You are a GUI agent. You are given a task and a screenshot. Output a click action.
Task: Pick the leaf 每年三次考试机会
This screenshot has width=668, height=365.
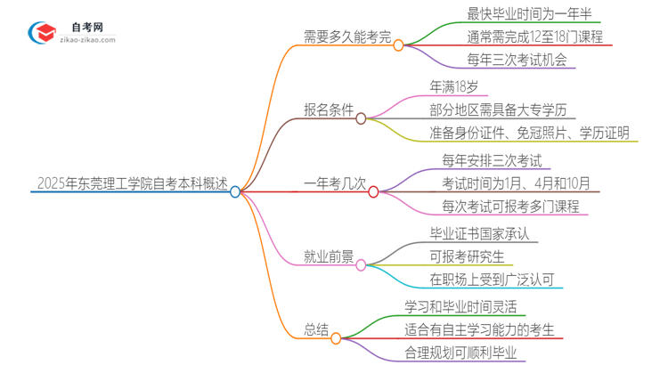click(x=503, y=61)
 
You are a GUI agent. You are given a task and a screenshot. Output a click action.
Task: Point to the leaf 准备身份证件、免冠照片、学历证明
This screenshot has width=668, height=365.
click(x=529, y=134)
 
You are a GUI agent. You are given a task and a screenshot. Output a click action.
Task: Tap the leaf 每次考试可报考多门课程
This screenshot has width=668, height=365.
click(x=510, y=207)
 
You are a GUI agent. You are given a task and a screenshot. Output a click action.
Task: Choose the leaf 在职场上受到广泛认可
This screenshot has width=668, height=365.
click(x=493, y=280)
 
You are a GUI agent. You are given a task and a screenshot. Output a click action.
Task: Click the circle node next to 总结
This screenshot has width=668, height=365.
click(x=336, y=338)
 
